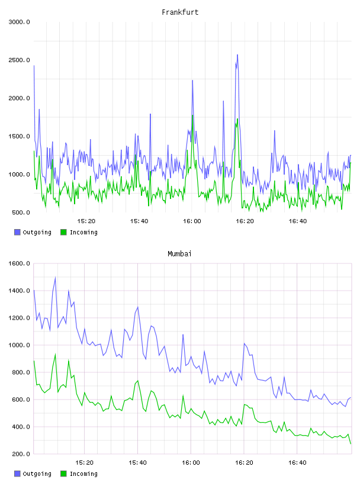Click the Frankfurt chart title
[180, 12]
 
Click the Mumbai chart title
[179, 253]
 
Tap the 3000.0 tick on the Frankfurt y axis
[19, 22]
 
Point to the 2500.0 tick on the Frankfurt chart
[19, 60]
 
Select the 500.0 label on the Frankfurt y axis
[21, 212]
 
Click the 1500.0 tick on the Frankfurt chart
[19, 137]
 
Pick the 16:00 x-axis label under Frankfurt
[192, 221]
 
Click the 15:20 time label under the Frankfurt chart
[86, 221]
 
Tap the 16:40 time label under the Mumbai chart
[297, 463]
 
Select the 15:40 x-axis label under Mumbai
[138, 463]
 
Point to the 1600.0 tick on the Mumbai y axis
[19, 263]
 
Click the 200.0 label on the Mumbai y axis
[21, 454]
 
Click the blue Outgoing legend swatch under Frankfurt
[17, 232]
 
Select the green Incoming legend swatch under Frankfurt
[63, 232]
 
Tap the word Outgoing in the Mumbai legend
[37, 474]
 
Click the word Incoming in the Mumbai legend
[83, 474]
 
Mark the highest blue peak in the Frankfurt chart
[237, 55]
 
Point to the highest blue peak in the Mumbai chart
[55, 278]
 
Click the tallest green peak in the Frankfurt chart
[192, 115]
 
